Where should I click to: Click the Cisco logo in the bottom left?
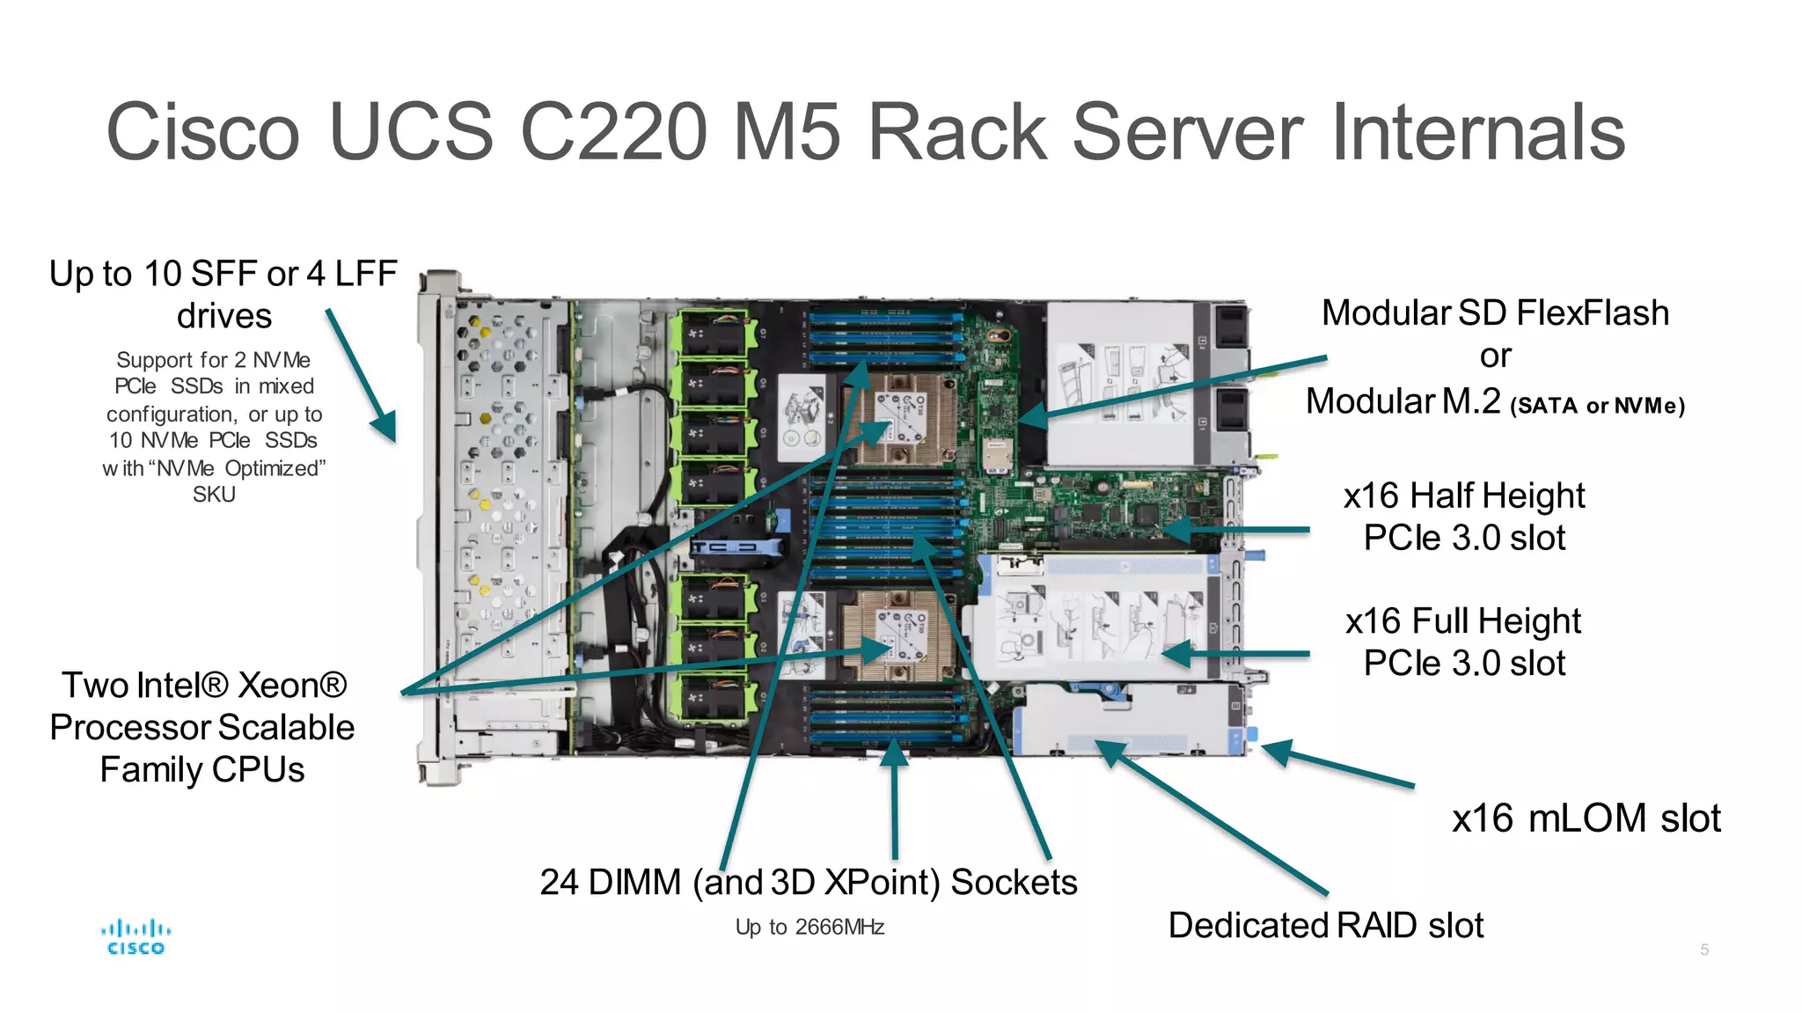(x=136, y=936)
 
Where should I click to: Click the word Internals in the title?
(x=1478, y=132)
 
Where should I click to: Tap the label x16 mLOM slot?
(x=1586, y=818)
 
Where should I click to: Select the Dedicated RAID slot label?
(x=1326, y=925)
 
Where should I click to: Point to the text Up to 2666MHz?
(x=809, y=927)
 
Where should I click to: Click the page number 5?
(x=1704, y=950)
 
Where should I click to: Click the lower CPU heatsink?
(x=897, y=634)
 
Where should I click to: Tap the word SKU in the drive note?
(x=214, y=495)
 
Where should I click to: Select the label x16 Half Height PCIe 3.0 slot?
(x=1464, y=517)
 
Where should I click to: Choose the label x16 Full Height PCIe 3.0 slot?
(x=1463, y=642)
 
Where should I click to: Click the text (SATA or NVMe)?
(x=1597, y=406)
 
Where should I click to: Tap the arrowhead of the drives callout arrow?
(x=385, y=426)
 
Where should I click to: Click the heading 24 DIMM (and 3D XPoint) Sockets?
(x=809, y=882)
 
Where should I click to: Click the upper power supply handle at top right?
(x=1230, y=327)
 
